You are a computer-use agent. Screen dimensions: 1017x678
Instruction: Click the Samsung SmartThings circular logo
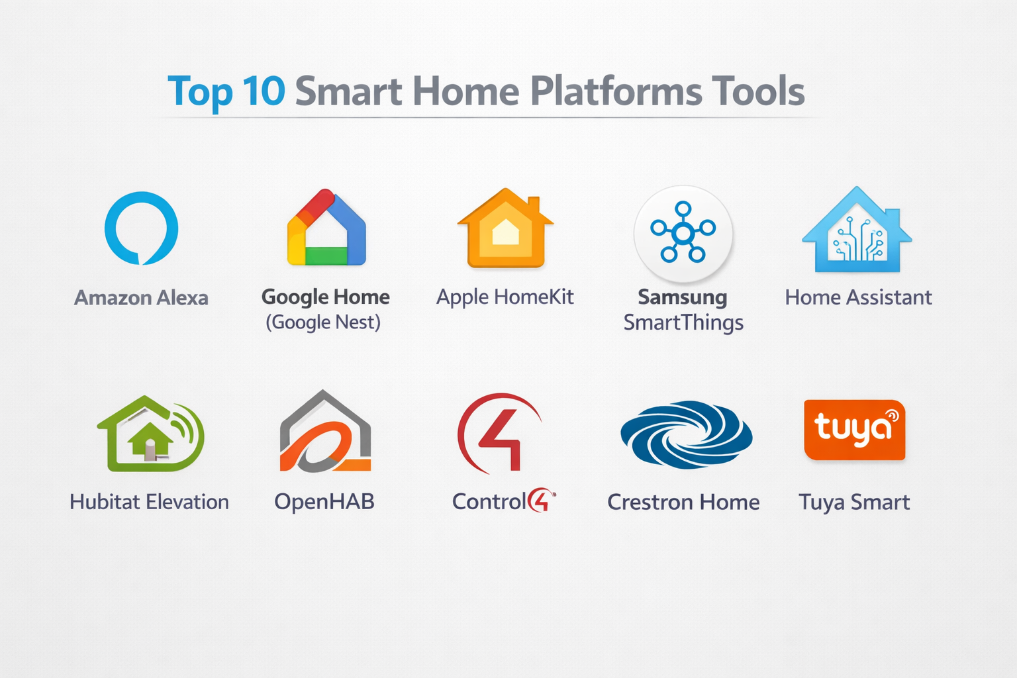(x=683, y=234)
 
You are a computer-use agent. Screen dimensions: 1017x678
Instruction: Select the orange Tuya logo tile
(x=855, y=430)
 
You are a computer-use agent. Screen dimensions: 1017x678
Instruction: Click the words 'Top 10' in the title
(x=226, y=91)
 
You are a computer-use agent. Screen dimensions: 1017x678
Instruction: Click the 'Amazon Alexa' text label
(x=141, y=298)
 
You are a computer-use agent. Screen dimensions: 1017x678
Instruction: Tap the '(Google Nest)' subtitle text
(x=323, y=322)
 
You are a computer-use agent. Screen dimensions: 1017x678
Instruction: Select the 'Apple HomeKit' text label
(x=505, y=297)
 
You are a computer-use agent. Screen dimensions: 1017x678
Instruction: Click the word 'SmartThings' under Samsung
(x=683, y=323)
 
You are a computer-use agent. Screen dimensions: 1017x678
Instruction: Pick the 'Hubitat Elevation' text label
(x=149, y=503)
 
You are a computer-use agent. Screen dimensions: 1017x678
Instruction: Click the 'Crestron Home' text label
(x=683, y=503)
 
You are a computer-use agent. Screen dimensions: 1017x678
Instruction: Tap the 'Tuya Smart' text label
(x=854, y=503)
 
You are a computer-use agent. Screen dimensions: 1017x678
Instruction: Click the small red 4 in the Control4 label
(x=541, y=501)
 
